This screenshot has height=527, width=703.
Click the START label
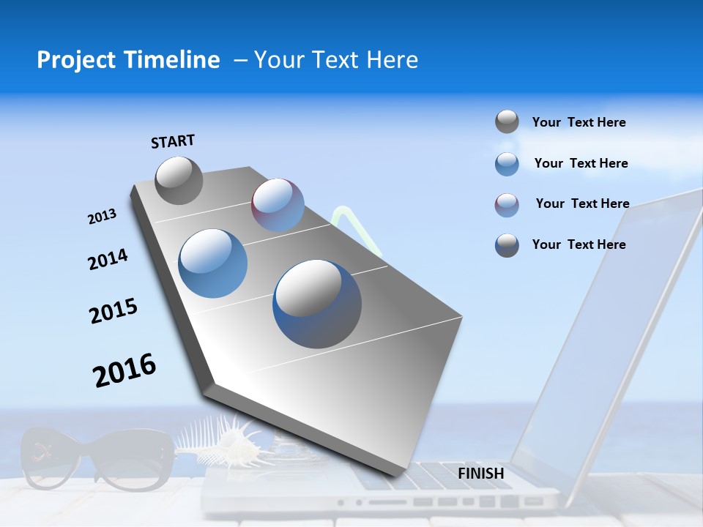173,141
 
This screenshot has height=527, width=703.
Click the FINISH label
480,474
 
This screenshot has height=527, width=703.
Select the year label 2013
102,217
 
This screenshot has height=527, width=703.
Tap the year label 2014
108,260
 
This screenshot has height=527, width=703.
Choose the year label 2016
124,370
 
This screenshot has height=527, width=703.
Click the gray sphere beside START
179,180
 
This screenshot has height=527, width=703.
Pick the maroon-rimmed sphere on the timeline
278,205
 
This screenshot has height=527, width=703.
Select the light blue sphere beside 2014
213,263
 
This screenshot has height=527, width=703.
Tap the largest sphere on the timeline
317,304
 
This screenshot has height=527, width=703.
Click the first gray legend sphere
507,122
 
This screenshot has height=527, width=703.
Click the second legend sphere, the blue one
507,164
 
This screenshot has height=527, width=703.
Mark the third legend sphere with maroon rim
507,205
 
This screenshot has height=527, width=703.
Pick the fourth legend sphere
507,245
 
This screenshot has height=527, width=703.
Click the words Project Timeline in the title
128,60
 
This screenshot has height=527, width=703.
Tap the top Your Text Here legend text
579,123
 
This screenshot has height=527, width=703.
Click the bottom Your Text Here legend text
579,244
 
